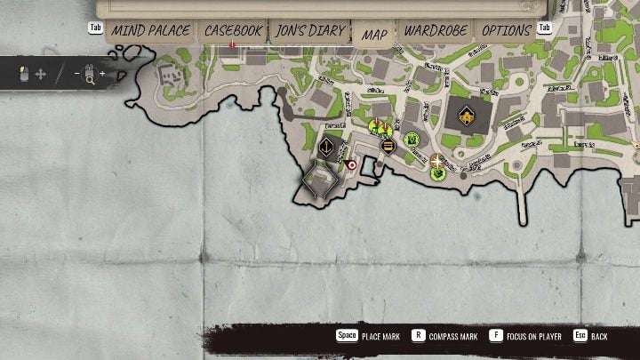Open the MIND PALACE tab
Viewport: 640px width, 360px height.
(x=150, y=31)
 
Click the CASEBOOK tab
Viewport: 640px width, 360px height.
(x=233, y=31)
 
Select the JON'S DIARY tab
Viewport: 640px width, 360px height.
(x=309, y=31)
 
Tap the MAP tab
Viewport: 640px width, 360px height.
(x=374, y=34)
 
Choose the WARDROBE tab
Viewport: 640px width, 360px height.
(x=436, y=31)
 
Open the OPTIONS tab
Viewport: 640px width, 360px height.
(x=506, y=31)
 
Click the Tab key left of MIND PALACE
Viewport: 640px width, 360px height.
(x=96, y=28)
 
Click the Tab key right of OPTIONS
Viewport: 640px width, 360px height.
(x=545, y=28)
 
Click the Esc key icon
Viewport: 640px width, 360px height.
(x=580, y=337)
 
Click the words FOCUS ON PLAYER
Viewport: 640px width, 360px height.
(x=539, y=337)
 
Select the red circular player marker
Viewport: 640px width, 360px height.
(x=351, y=165)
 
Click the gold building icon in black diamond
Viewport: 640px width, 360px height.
(x=466, y=116)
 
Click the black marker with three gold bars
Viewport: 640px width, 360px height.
(x=388, y=146)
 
